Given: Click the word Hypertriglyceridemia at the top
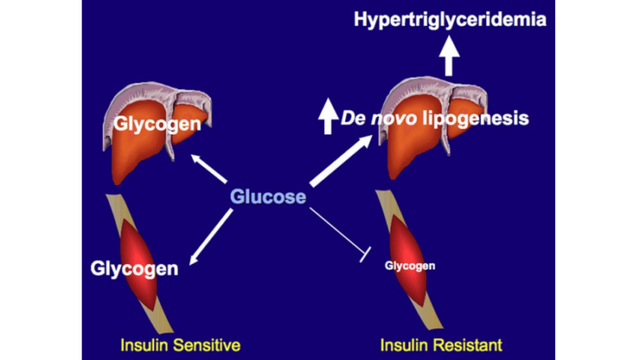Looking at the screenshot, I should coord(451,19).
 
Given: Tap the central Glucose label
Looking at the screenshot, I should coord(268,197).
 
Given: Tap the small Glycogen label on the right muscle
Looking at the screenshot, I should coord(410,266).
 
